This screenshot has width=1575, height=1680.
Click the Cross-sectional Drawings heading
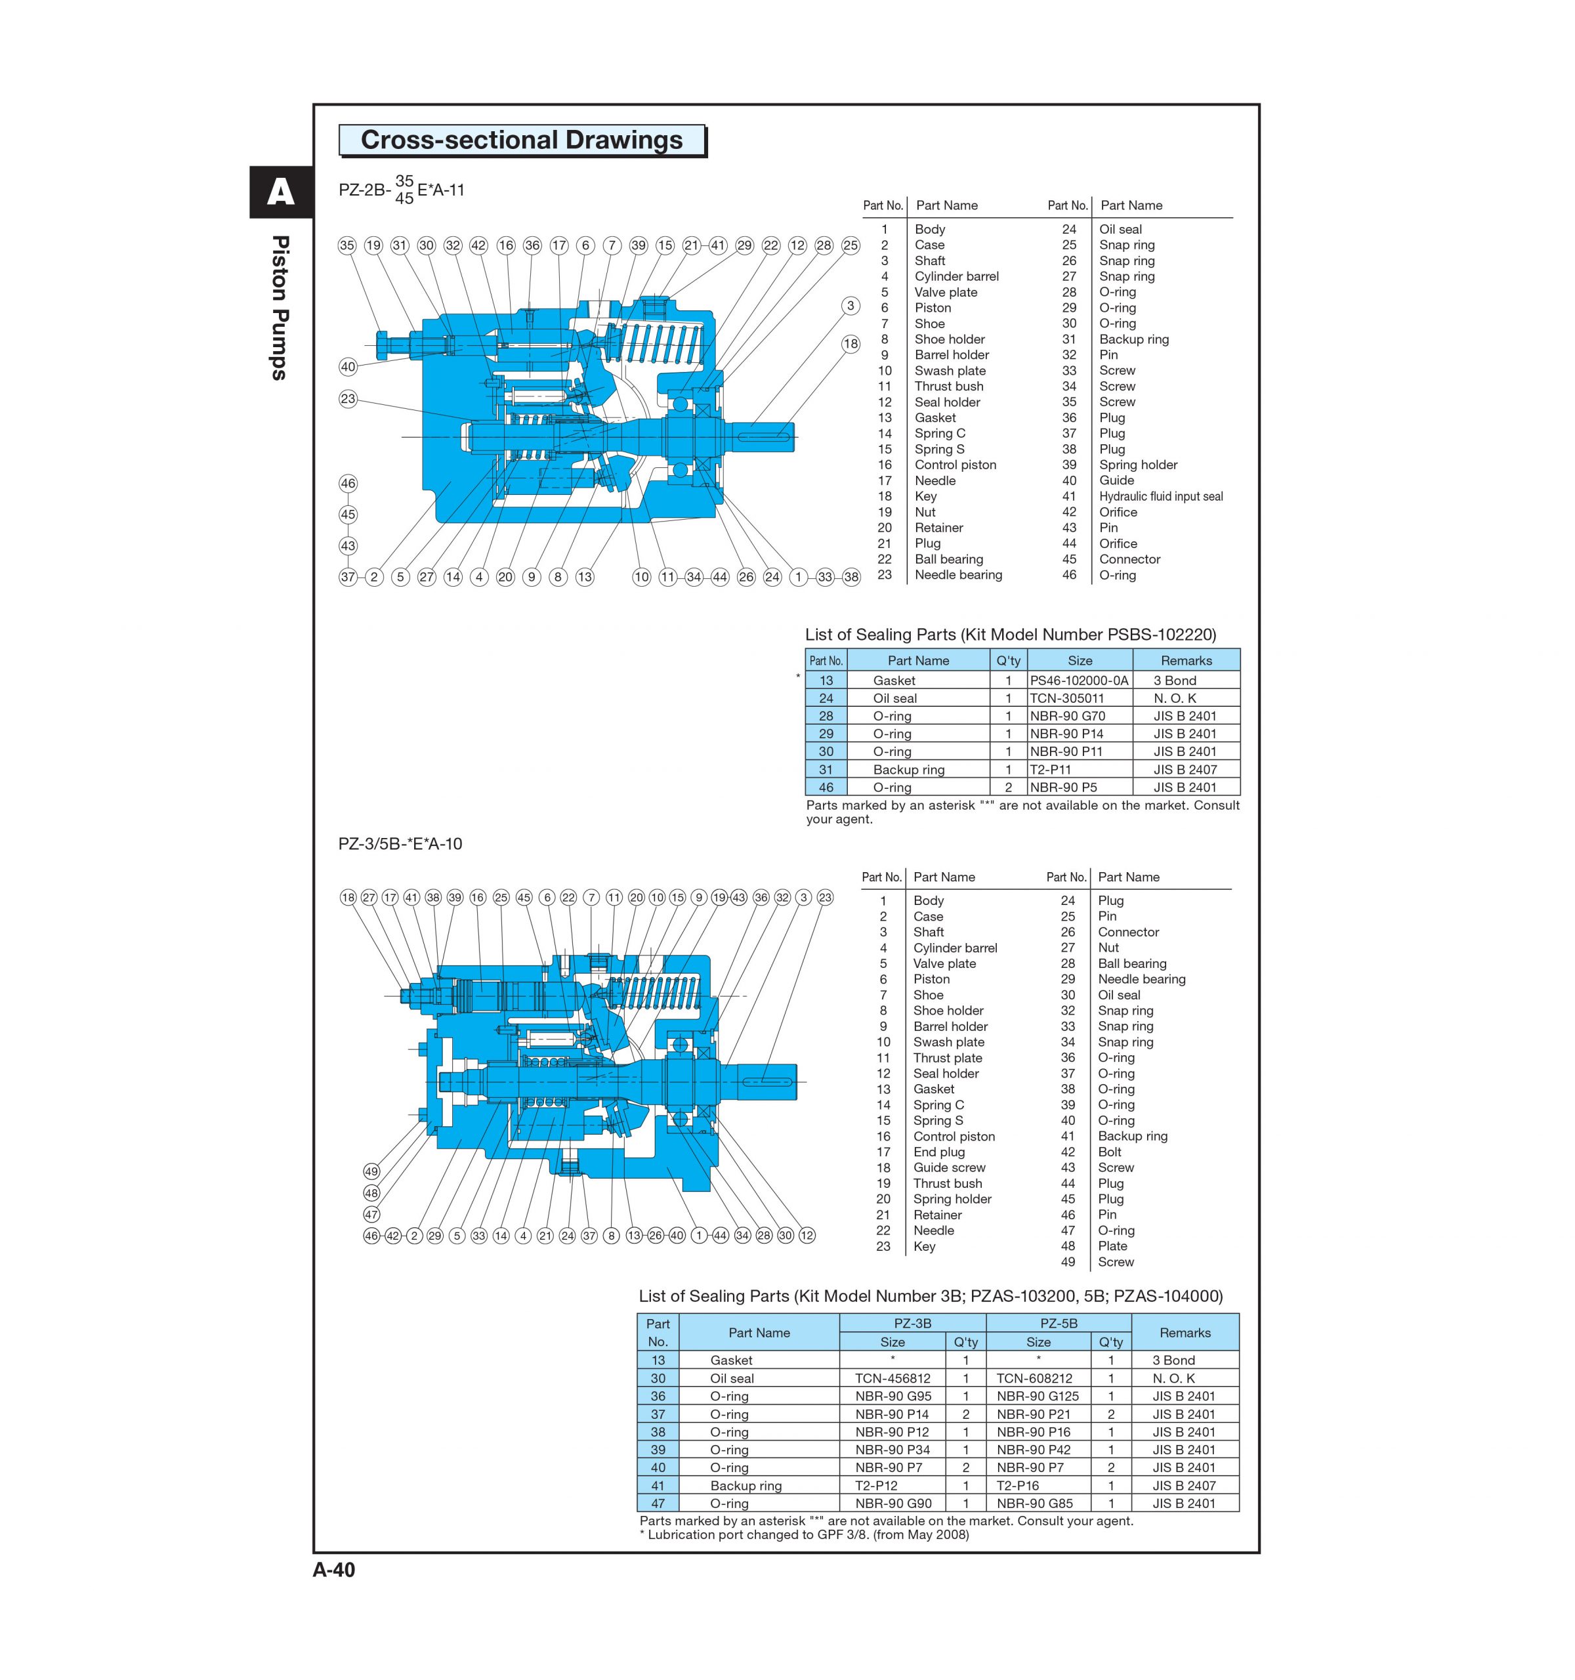521,140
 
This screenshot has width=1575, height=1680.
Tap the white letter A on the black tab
280,194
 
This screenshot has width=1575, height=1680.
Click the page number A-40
334,1569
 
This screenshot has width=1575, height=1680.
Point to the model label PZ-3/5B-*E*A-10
400,843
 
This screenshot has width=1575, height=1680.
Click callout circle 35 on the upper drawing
346,245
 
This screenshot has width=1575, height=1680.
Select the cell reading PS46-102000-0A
1078,681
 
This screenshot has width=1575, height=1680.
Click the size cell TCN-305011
1067,698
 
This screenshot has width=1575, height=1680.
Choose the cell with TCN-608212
1034,1378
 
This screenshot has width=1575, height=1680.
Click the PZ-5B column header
1057,1324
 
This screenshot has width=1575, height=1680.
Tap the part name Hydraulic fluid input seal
1160,496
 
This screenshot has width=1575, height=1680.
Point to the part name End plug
938,1152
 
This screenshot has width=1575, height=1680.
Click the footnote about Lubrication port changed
803,1535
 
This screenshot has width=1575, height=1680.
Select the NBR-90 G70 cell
1067,716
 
